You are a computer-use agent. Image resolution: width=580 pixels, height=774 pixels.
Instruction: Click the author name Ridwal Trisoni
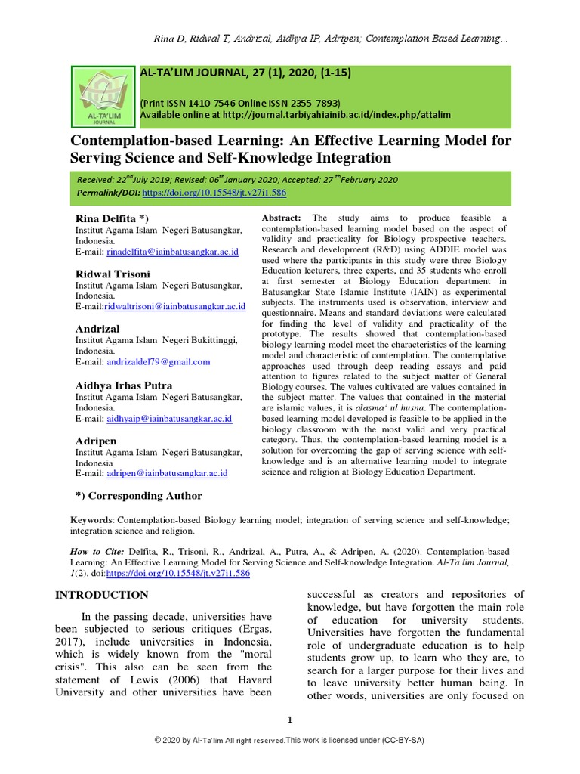point(113,273)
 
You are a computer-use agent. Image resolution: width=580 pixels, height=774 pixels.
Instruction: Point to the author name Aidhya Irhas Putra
point(124,385)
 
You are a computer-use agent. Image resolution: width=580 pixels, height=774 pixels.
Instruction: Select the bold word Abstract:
point(281,218)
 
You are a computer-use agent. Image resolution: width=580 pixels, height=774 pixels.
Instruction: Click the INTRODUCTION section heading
point(102,595)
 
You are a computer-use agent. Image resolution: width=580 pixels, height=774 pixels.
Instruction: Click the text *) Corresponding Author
point(139,496)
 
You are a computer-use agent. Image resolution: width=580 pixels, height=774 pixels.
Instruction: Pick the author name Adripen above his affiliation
point(95,440)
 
